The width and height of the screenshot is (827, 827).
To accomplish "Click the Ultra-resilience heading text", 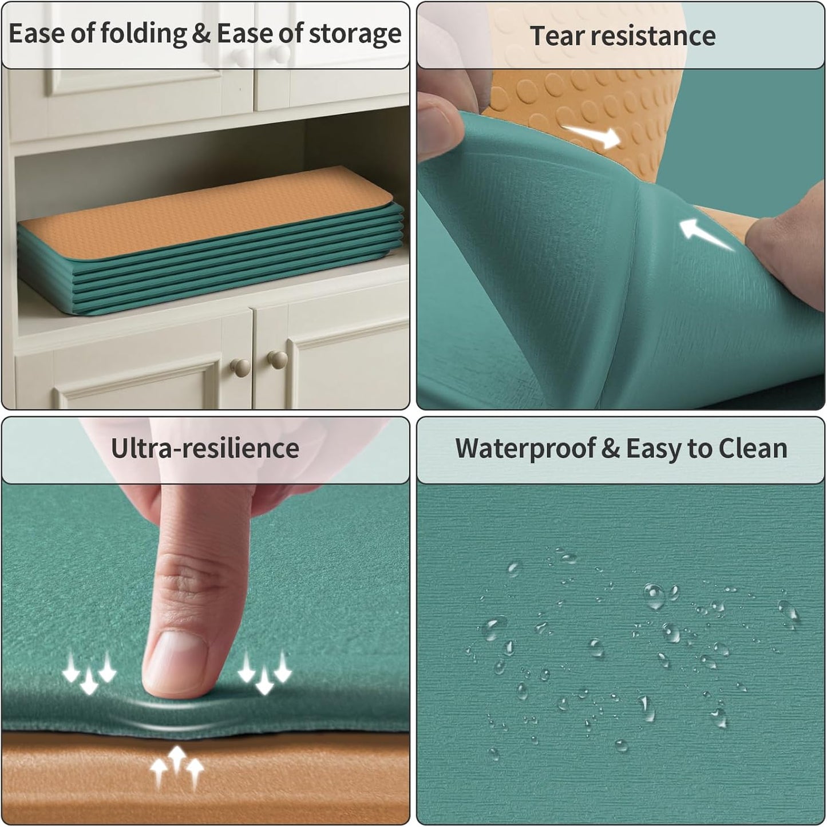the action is tap(205, 449).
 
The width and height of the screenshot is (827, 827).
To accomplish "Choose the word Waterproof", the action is tap(525, 449).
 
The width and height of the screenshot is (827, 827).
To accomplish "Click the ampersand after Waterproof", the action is tap(610, 449).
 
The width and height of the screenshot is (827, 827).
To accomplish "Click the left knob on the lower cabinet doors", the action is tap(240, 368).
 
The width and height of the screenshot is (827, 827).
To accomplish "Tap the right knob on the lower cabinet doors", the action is tap(278, 359).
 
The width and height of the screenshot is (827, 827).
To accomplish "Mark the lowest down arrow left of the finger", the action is tap(89, 682).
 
